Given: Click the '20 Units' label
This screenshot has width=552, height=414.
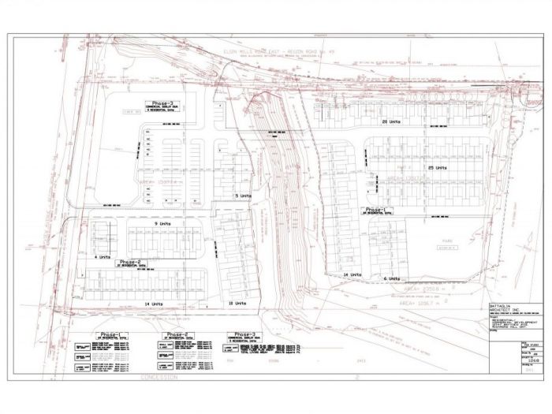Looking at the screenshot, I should pyautogui.click(x=390, y=123).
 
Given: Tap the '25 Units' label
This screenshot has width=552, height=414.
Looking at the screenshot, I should pyautogui.click(x=437, y=168).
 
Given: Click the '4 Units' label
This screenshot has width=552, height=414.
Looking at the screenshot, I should pyautogui.click(x=100, y=257).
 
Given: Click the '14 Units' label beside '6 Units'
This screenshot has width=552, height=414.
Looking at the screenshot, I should pyautogui.click(x=352, y=274).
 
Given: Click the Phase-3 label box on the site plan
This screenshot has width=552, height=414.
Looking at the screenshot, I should pyautogui.click(x=164, y=105).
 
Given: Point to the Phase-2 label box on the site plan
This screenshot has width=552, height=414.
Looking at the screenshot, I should pyautogui.click(x=129, y=263).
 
